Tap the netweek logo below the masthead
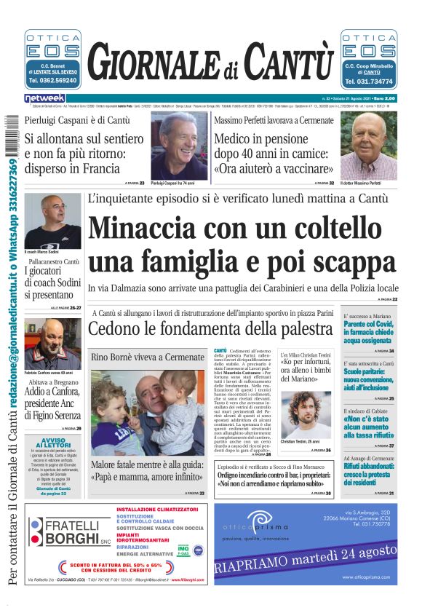(x=45, y=98)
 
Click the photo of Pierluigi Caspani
(x=179, y=146)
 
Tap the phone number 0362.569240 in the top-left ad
(x=52, y=81)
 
